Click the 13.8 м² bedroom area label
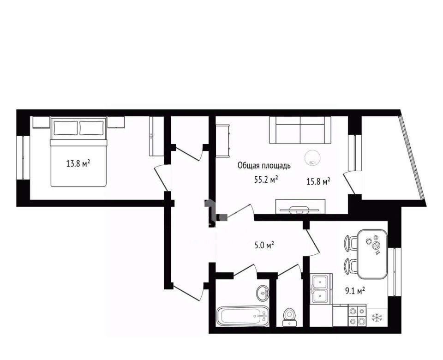[x=78, y=163]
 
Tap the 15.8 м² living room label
[x=319, y=181]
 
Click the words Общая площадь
[x=264, y=166]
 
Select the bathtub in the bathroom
[x=243, y=316]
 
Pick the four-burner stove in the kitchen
[x=357, y=315]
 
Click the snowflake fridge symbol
[x=377, y=318]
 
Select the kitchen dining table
[x=372, y=254]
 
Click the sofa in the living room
[x=300, y=130]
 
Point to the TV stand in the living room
[x=300, y=207]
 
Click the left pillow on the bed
[x=66, y=128]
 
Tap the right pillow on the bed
[x=91, y=128]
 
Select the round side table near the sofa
[x=312, y=157]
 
